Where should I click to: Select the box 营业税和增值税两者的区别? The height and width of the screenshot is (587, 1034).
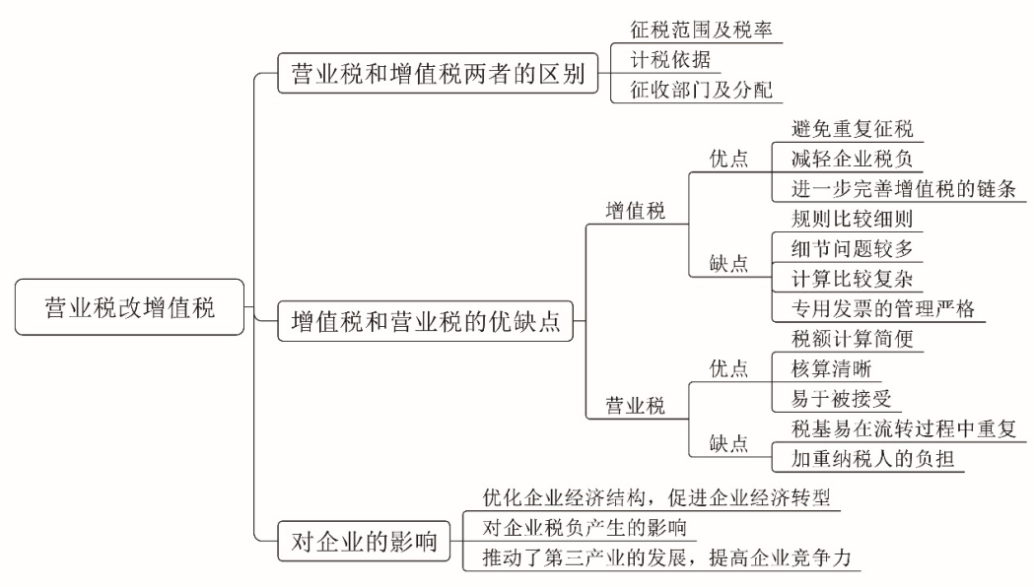point(438,75)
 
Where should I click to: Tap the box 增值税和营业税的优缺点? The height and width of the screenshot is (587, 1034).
point(432,322)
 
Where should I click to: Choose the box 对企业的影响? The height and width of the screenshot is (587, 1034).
point(365,541)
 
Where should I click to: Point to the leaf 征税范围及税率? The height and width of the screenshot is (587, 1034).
point(698,30)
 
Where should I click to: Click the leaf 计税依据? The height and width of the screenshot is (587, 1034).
point(669,59)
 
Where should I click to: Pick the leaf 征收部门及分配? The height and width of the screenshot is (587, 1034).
point(698,90)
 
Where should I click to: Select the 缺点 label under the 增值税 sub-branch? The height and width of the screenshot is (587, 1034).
point(728,264)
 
